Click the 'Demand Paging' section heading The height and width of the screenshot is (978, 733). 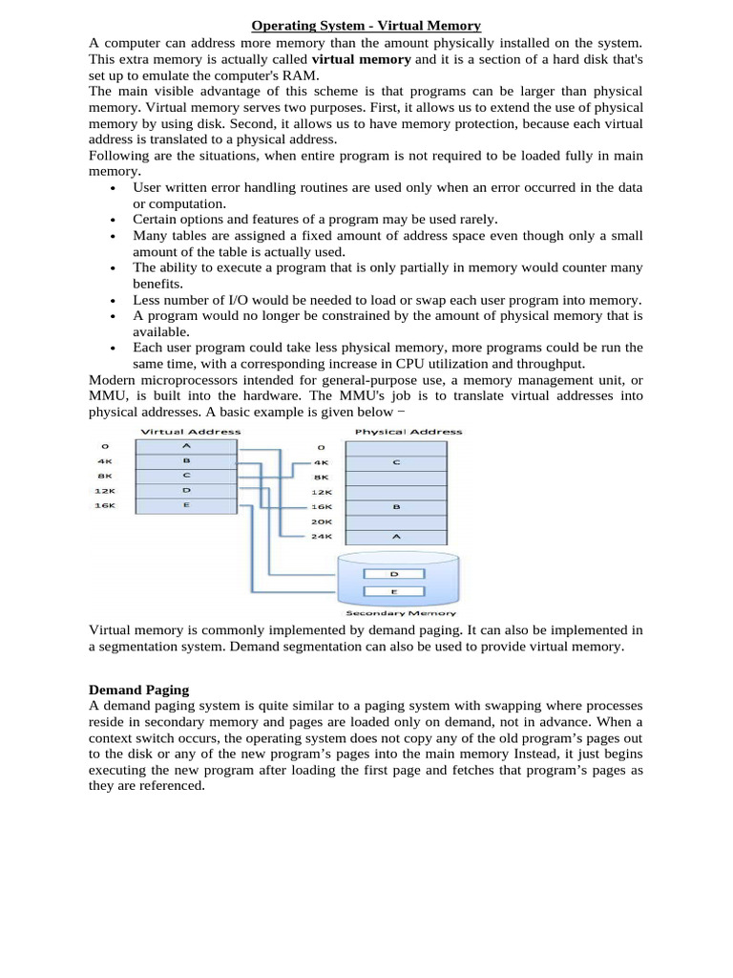click(x=138, y=690)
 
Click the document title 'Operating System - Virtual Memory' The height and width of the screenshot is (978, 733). click(x=366, y=26)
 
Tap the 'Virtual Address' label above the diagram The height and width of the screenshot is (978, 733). click(x=191, y=432)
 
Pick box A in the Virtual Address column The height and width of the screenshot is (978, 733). click(x=186, y=445)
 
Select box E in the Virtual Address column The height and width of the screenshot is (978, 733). click(x=186, y=505)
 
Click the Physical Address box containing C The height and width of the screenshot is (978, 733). click(x=396, y=461)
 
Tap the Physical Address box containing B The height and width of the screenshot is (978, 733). click(x=396, y=507)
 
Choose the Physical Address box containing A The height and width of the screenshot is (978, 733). click(x=396, y=537)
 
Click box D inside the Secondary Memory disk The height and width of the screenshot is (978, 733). click(x=395, y=574)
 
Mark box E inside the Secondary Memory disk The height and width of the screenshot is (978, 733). click(x=395, y=592)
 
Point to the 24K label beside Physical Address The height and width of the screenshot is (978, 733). click(x=322, y=537)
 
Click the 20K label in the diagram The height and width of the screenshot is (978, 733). click(x=322, y=521)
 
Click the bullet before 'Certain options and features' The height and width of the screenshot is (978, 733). click(x=113, y=221)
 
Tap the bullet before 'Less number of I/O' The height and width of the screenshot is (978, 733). click(x=113, y=301)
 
